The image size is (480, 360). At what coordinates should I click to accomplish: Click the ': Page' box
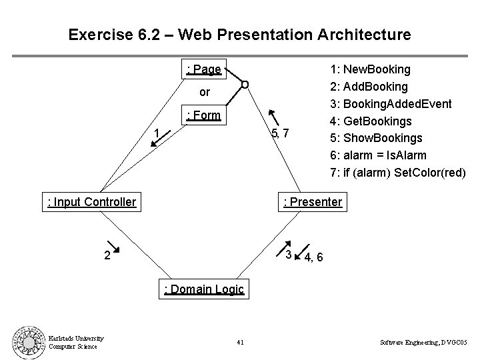click(x=204, y=69)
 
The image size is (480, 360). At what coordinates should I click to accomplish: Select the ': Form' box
click(x=204, y=115)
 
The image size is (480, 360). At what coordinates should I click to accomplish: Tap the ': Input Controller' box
click(x=91, y=201)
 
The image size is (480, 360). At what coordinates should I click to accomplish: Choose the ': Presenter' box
click(x=313, y=201)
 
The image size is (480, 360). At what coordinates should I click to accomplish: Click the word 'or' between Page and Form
click(x=205, y=91)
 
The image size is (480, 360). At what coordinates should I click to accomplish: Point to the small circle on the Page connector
click(x=245, y=85)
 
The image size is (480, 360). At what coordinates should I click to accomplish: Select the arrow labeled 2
click(x=112, y=247)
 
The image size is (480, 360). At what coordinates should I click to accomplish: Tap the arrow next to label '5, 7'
click(x=272, y=117)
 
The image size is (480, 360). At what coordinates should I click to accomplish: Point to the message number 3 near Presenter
click(x=289, y=254)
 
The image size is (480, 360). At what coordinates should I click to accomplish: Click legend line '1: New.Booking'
click(x=371, y=69)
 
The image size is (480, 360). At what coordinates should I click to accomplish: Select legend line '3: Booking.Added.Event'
click(x=391, y=104)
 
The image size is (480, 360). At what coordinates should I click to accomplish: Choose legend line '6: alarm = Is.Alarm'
click(x=379, y=156)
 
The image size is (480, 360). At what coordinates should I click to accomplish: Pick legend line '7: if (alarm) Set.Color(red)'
click(x=398, y=173)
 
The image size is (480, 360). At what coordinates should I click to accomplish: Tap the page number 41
click(x=240, y=343)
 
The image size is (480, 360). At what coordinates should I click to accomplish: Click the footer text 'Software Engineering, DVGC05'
click(x=424, y=343)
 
